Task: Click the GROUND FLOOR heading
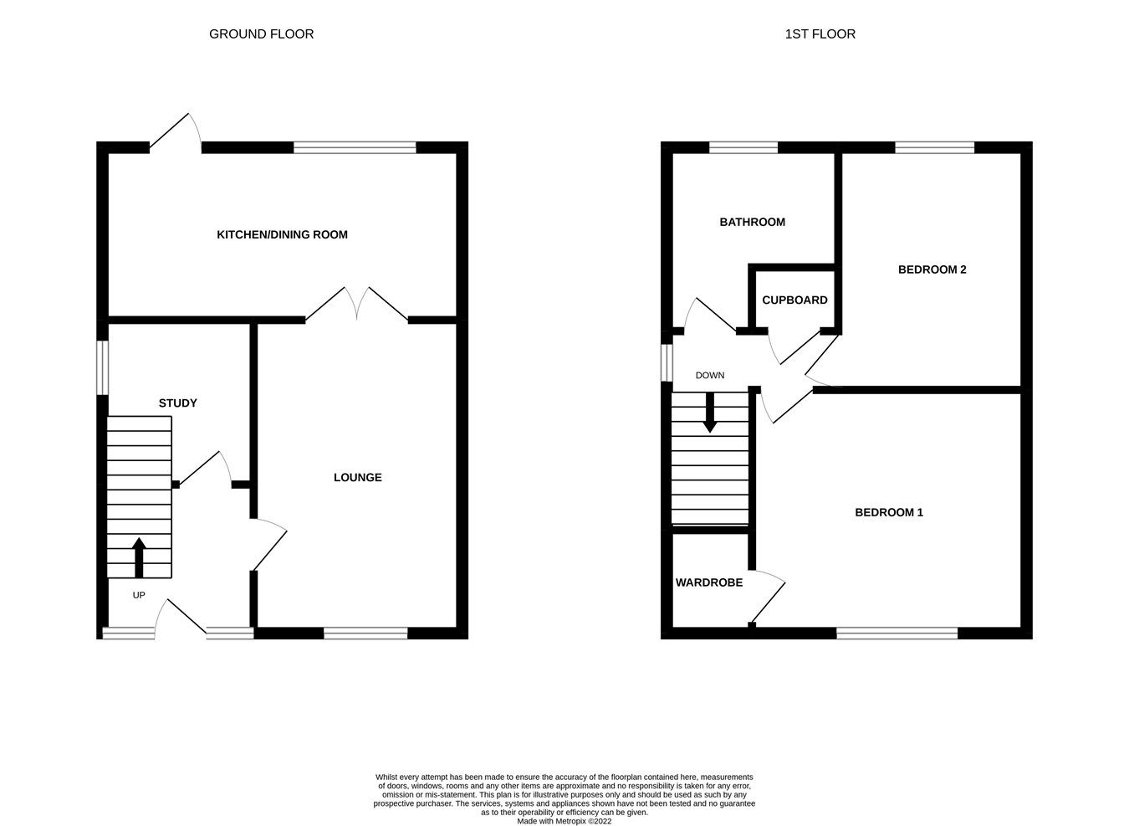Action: tap(261, 34)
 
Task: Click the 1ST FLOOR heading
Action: tap(820, 34)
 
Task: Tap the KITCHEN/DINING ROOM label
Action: tap(282, 234)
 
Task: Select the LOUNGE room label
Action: tap(357, 477)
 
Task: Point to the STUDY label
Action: tap(177, 403)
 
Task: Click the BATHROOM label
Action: tap(752, 222)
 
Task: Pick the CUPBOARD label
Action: tap(794, 300)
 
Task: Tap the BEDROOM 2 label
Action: tap(932, 269)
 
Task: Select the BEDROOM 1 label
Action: tap(888, 512)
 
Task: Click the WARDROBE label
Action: tap(708, 582)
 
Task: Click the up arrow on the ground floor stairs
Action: tap(139, 557)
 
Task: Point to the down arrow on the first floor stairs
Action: tap(709, 413)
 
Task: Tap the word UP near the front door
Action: tap(139, 595)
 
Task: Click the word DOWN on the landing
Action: tap(709, 375)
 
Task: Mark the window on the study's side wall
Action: tap(102, 367)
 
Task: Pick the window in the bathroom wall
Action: tap(743, 148)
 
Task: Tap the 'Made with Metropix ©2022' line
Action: tap(564, 821)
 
